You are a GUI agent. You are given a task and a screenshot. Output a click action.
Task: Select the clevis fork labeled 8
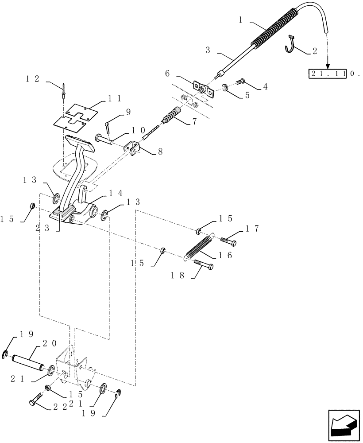(133, 148)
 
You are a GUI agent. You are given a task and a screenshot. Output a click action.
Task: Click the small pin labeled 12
(65, 93)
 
